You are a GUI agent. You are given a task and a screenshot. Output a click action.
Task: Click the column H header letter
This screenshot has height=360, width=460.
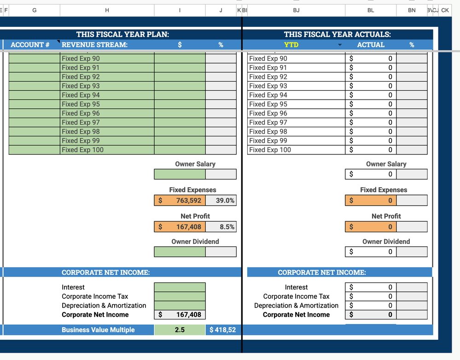107,10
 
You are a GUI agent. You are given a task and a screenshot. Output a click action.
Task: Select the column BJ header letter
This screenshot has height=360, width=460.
296,10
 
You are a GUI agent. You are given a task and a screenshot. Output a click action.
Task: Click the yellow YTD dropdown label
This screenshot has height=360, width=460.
291,45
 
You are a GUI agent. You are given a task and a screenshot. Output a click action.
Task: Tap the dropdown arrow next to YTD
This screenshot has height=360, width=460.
340,45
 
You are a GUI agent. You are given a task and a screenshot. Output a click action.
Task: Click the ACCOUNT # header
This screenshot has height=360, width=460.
30,45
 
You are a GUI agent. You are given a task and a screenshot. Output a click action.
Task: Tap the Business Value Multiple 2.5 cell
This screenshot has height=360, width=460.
180,330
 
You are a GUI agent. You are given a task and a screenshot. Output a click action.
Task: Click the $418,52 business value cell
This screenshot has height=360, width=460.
223,330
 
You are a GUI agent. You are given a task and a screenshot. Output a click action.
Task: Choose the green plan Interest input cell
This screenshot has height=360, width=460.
180,287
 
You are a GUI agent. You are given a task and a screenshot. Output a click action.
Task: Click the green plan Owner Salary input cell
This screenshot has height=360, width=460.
180,174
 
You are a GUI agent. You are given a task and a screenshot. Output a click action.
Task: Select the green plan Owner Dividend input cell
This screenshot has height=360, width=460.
180,252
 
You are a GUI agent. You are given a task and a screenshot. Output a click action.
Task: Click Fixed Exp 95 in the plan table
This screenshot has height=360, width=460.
81,104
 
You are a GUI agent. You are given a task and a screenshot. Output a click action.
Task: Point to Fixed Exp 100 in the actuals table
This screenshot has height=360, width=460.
270,150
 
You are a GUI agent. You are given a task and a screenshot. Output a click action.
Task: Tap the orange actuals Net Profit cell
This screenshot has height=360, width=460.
371,227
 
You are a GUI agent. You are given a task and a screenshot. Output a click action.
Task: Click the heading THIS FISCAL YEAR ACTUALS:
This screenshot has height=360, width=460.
338,35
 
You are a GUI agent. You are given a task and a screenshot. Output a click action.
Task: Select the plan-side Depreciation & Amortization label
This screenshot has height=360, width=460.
104,306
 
